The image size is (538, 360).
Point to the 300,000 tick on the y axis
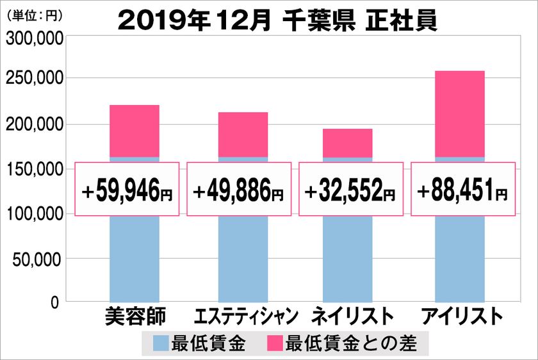35,40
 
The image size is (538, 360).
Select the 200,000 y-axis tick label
35,124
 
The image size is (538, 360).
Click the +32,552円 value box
351,189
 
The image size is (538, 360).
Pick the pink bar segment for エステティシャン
243,134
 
